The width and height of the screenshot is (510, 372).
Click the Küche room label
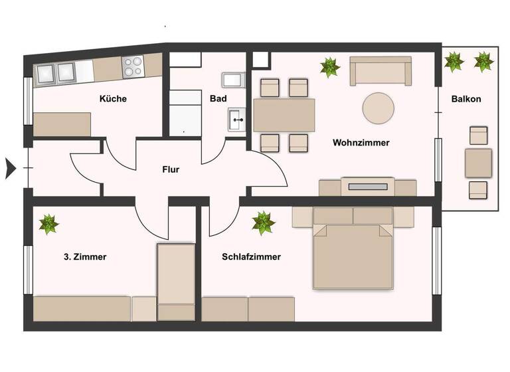point(113,99)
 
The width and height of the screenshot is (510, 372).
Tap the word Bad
point(218,99)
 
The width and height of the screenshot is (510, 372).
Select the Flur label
point(171,169)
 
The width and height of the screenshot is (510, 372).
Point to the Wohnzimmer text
point(361,143)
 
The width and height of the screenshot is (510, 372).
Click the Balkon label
point(466,99)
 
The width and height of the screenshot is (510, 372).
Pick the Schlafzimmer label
point(252,257)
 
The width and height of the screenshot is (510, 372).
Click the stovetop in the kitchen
point(132,66)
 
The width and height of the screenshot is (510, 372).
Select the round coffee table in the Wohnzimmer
point(378,107)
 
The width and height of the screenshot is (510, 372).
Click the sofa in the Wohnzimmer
point(381,70)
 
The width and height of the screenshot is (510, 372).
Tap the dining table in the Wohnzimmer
point(284,115)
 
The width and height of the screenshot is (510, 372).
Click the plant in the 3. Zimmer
point(48,224)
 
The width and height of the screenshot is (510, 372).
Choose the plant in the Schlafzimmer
point(264,223)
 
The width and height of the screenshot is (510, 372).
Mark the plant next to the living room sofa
point(329,67)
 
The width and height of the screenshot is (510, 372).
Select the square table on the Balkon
point(478,163)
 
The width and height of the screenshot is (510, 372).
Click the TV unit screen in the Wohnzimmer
point(367,187)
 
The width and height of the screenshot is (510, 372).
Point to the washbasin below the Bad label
point(237,121)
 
